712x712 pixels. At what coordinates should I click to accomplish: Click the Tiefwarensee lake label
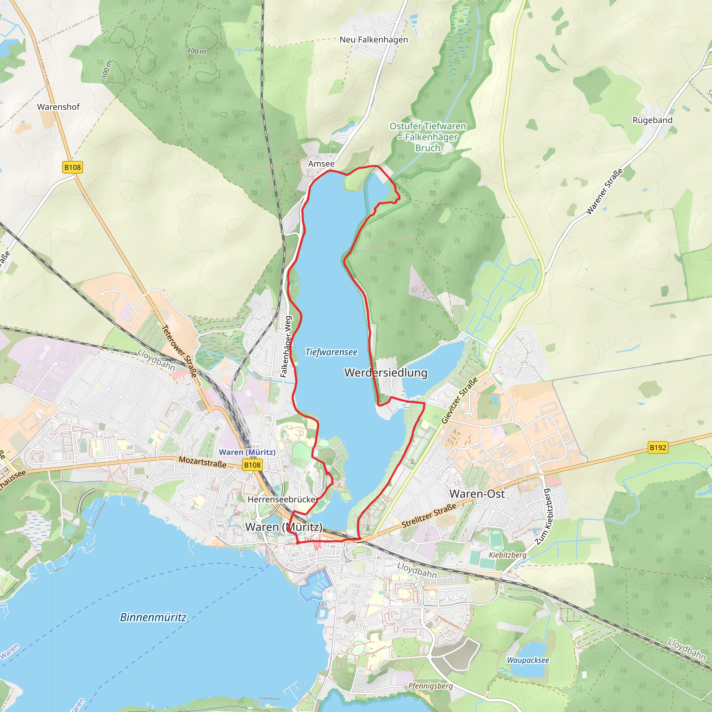tap(331, 352)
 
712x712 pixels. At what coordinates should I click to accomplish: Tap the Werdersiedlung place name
tap(386, 373)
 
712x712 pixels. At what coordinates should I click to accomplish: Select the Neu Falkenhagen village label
tap(374, 40)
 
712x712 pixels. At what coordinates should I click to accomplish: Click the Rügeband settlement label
tap(652, 120)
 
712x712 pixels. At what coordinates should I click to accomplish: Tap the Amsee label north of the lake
tap(321, 164)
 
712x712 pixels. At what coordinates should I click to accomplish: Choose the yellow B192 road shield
tap(658, 447)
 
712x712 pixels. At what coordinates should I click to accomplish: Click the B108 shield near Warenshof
tap(73, 167)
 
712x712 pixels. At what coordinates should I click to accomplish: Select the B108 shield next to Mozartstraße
tap(252, 465)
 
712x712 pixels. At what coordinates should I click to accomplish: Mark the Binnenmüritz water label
tap(153, 617)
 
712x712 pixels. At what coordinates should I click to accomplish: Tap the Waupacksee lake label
tap(528, 660)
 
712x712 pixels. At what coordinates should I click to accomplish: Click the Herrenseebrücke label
tap(282, 499)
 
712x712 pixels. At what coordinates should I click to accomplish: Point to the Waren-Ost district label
tap(477, 494)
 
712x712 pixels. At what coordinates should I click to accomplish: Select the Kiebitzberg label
tap(508, 555)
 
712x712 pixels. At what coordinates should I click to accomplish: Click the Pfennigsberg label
tap(430, 686)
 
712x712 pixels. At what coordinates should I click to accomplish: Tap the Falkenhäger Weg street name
tap(286, 346)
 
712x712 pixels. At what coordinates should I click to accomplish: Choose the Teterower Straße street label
tap(179, 351)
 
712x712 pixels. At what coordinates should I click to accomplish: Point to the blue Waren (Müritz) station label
tap(247, 452)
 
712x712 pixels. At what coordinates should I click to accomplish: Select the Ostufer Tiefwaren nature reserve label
tap(428, 137)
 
